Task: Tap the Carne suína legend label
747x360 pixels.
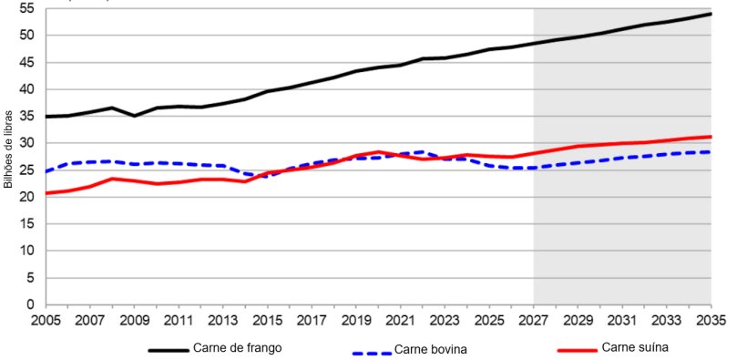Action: pos(635,348)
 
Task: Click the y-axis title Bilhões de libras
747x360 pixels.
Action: pos(8,150)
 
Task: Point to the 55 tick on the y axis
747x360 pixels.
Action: pos(26,8)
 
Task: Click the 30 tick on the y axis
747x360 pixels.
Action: pos(26,143)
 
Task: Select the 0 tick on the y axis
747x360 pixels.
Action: pos(29,304)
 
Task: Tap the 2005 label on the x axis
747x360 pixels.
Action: pos(45,322)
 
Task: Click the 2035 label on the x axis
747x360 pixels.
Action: pos(711,322)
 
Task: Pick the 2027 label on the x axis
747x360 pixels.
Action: pos(533,322)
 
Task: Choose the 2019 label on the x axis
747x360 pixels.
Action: pos(355,322)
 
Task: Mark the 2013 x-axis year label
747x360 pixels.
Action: pos(222,322)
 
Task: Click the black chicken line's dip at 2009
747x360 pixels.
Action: pos(134,116)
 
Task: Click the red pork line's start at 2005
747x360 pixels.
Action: pos(46,193)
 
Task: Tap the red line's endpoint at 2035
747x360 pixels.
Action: pos(711,137)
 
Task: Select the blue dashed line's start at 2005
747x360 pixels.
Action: pos(46,171)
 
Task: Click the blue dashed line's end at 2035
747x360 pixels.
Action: pos(711,152)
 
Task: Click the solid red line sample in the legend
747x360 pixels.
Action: pos(576,349)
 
